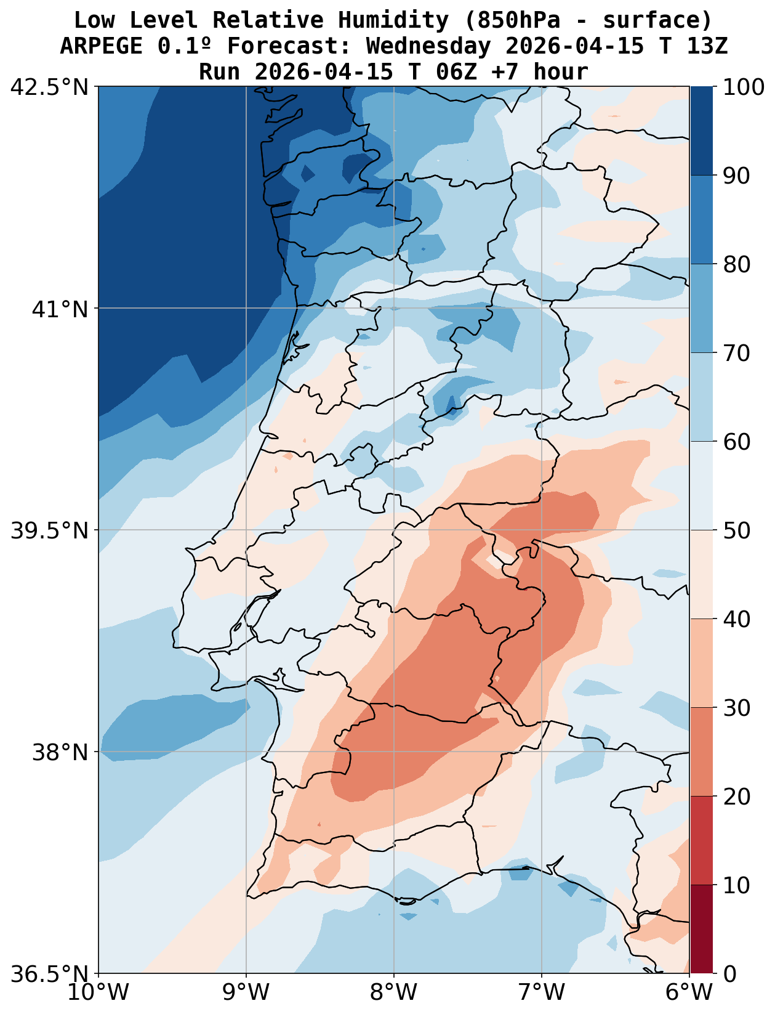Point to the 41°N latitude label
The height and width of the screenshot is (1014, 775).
60,309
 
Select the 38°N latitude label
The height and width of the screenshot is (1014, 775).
60,752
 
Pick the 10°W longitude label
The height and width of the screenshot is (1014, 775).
98,992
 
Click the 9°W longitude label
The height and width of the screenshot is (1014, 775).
246,992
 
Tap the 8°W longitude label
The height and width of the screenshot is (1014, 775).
394,992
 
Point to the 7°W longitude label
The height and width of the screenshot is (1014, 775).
542,992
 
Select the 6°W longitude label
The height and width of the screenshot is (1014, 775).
689,992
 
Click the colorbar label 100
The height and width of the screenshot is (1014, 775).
744,87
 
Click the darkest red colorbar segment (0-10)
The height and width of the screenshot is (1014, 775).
701,929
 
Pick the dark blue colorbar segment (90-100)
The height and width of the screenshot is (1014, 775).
701,131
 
